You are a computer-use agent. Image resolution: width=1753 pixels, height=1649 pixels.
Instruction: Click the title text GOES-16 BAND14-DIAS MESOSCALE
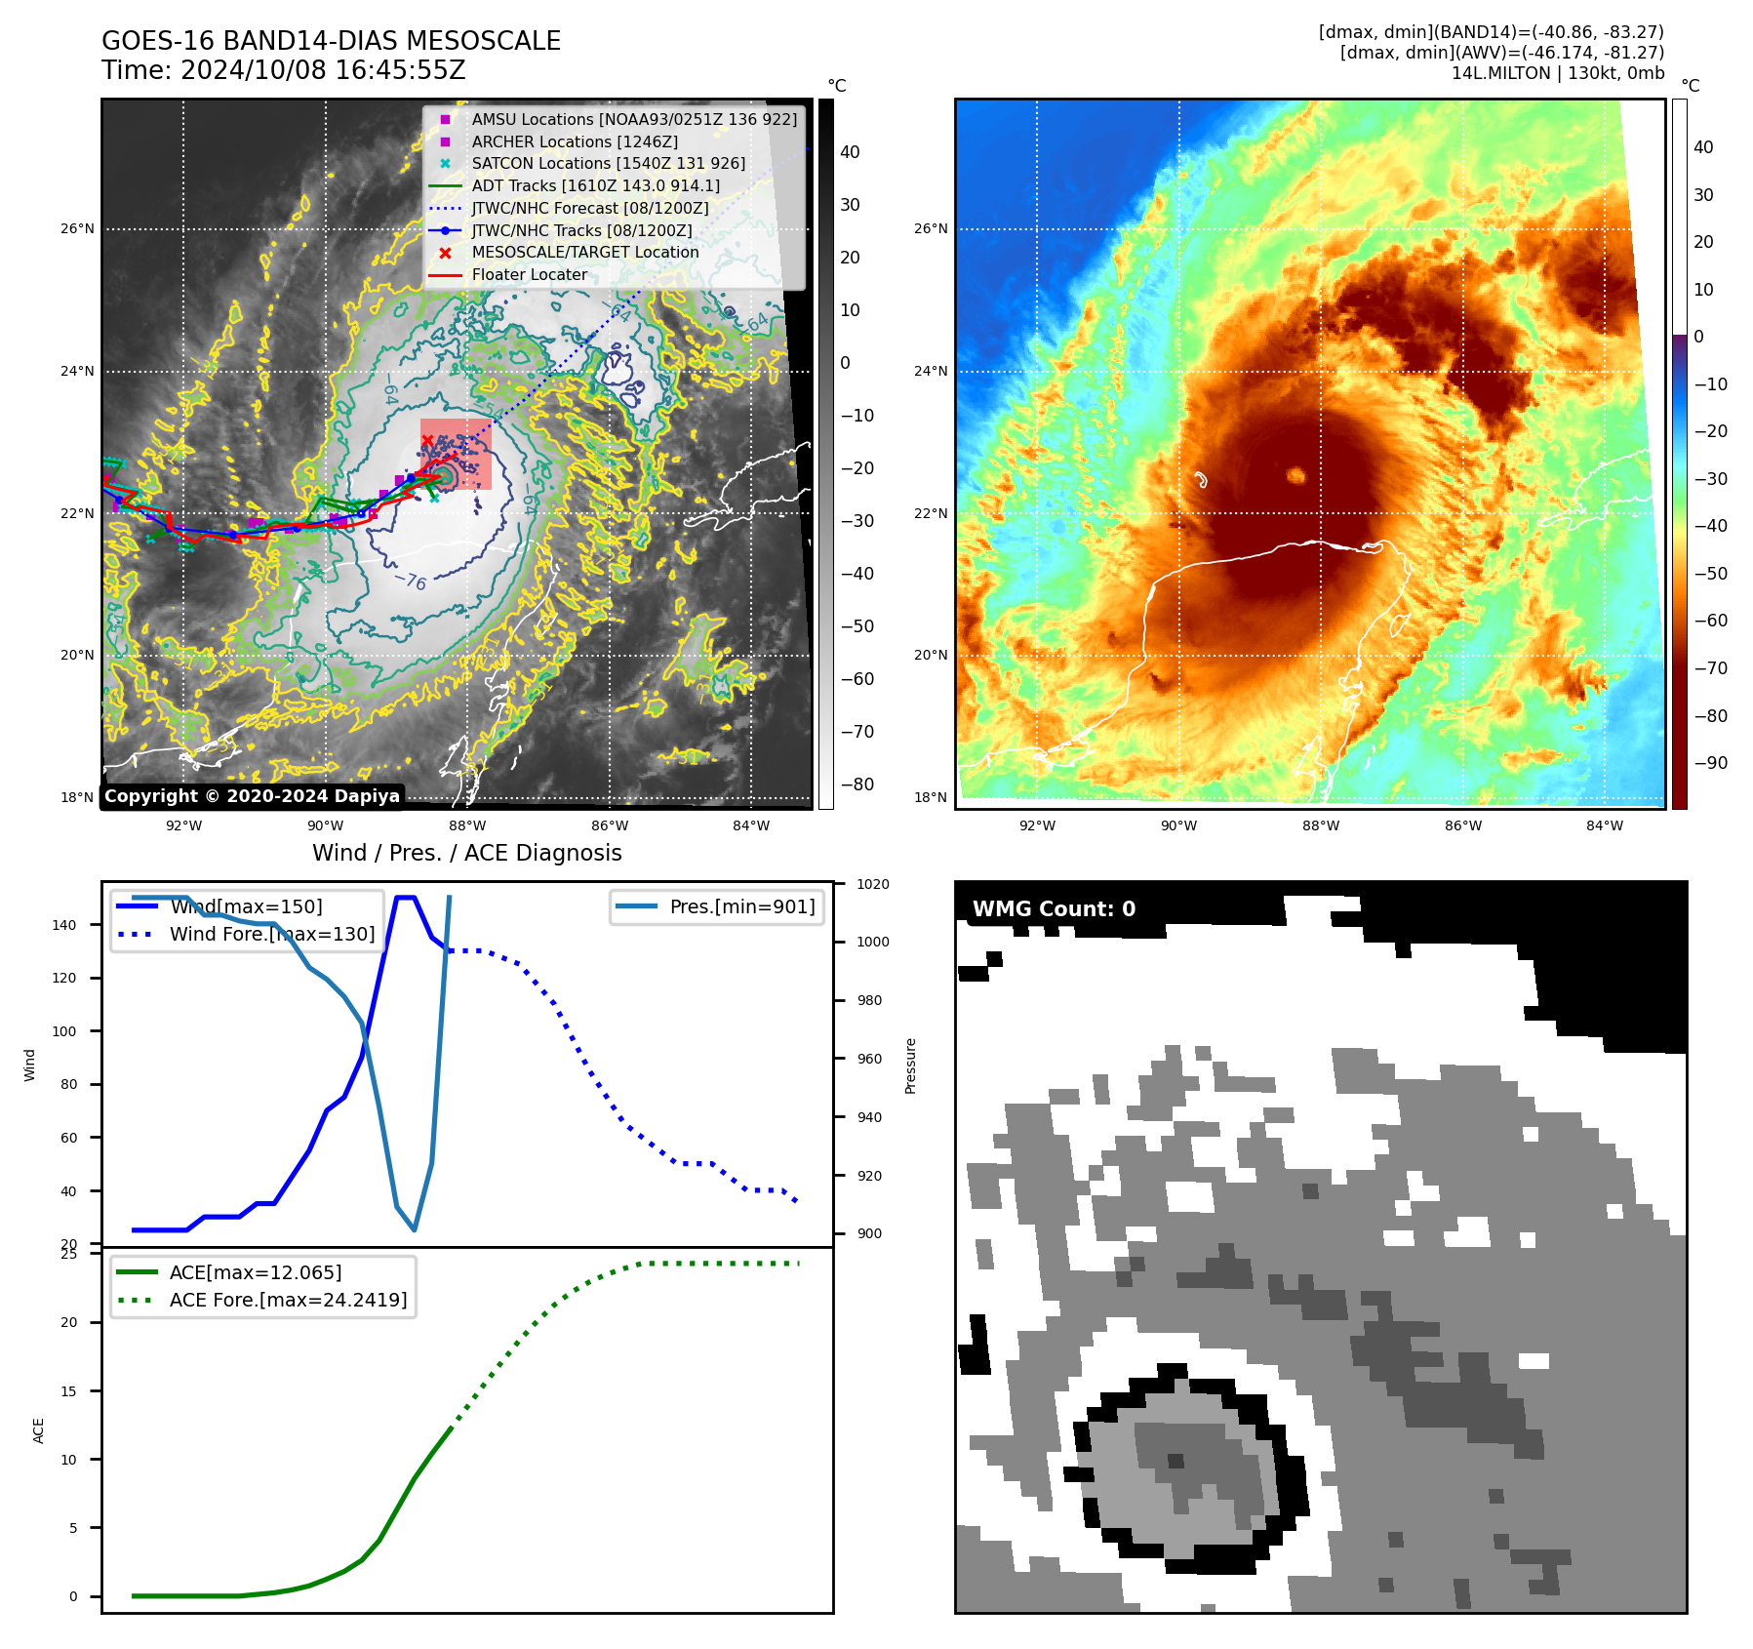pyautogui.click(x=331, y=41)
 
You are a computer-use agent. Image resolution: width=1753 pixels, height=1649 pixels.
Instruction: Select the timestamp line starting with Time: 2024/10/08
pyautogui.click(x=283, y=70)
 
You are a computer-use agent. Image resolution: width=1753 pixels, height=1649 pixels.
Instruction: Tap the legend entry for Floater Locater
pyautogui.click(x=529, y=275)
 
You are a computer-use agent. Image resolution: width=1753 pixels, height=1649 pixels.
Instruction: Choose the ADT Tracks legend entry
pyautogui.click(x=595, y=185)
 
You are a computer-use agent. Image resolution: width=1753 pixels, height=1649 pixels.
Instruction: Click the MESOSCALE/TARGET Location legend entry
pyautogui.click(x=584, y=253)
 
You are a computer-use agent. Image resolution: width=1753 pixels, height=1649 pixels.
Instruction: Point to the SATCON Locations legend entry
pyautogui.click(x=608, y=164)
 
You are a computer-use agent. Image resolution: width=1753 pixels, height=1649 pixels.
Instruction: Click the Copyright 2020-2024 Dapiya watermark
pyautogui.click(x=252, y=796)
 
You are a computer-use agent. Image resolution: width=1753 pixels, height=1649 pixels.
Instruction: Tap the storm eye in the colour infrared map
pyautogui.click(x=1295, y=475)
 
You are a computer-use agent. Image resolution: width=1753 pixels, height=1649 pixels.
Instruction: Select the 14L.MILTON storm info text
pyautogui.click(x=1557, y=73)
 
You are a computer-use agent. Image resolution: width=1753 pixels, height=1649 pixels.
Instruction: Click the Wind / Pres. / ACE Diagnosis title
pyautogui.click(x=466, y=853)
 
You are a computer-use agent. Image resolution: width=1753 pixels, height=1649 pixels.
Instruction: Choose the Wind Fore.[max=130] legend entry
pyautogui.click(x=271, y=934)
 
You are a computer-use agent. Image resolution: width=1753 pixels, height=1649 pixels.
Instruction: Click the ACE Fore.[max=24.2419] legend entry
pyautogui.click(x=288, y=1300)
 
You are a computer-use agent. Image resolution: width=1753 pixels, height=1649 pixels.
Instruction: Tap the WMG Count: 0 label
pyautogui.click(x=1054, y=909)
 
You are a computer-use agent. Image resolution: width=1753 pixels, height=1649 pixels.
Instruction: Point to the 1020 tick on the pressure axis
pyautogui.click(x=872, y=884)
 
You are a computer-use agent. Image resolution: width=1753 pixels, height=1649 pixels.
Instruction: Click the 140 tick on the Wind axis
pyautogui.click(x=64, y=925)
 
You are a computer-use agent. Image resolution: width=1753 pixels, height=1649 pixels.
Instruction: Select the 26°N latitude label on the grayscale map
pyautogui.click(x=78, y=229)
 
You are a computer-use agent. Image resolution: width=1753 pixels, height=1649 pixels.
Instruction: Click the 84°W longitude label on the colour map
pyautogui.click(x=1604, y=825)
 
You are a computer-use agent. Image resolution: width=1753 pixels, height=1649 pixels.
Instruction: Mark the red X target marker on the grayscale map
pyautogui.click(x=427, y=441)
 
